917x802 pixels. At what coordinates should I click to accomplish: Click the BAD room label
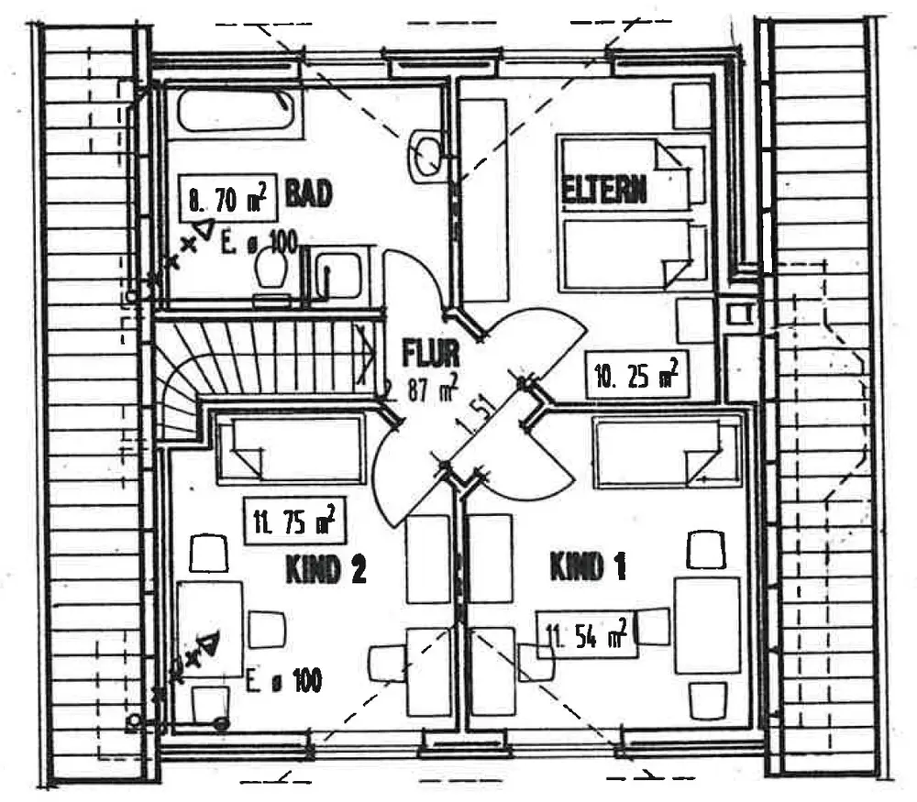pyautogui.click(x=307, y=194)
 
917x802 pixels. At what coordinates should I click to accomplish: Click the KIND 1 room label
pyautogui.click(x=588, y=567)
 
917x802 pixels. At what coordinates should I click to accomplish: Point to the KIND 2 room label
pyautogui.click(x=326, y=570)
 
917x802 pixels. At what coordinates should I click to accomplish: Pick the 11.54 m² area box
pyautogui.click(x=587, y=633)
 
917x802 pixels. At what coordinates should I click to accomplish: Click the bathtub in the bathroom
pyautogui.click(x=235, y=112)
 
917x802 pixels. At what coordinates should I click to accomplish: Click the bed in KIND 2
pyautogui.click(x=289, y=448)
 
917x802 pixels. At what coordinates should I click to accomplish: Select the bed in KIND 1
pyautogui.click(x=667, y=450)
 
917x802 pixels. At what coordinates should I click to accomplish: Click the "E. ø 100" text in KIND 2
pyautogui.click(x=284, y=681)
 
